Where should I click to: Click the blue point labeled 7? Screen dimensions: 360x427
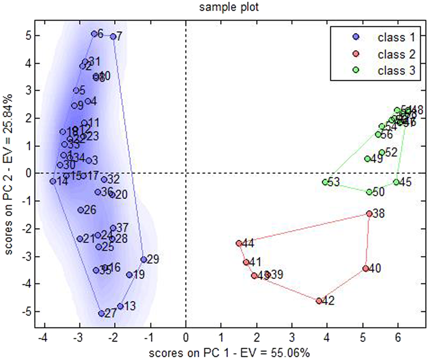tap(113, 36)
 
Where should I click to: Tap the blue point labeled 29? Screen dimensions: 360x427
tap(144, 260)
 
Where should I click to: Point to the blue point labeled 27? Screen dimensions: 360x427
tap(102, 314)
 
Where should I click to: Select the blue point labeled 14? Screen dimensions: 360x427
tap(53, 181)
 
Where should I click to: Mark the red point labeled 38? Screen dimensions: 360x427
tap(369, 214)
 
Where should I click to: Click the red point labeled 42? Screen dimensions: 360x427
tap(319, 301)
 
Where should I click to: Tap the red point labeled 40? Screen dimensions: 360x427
tap(365, 269)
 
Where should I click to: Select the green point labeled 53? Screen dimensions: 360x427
tap(325, 182)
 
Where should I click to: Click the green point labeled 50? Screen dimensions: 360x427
tap(369, 192)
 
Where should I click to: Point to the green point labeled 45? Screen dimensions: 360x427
tap(397, 182)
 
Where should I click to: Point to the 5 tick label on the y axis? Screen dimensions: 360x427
tap(27, 36)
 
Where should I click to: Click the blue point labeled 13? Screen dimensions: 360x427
tap(120, 306)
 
